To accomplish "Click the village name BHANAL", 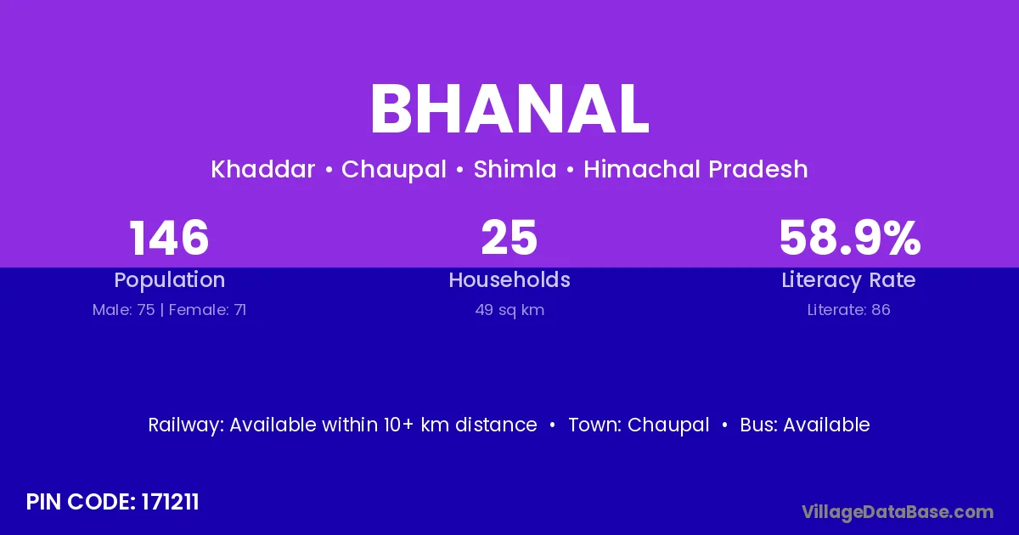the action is coord(509,110).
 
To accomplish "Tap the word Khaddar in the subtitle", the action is coord(263,169).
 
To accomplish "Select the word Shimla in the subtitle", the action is coord(515,169).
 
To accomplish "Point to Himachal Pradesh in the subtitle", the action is coord(695,169).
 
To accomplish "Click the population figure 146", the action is coord(169,238).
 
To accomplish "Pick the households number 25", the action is coord(509,238).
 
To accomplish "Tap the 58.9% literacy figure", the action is coord(849,238).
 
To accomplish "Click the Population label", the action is coord(170,280).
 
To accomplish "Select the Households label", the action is coord(509,279).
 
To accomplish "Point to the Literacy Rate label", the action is coord(848,280).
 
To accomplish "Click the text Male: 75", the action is coord(123,310).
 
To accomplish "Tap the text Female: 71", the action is coord(207,310).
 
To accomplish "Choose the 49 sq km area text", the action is coord(509,310).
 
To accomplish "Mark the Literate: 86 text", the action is coord(849,310).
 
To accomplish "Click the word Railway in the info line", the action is coord(186,425).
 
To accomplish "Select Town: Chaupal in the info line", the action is coord(639,425).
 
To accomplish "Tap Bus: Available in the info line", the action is coord(805,425).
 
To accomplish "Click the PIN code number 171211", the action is coord(170,502).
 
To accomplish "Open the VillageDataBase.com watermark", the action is coord(898,513).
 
